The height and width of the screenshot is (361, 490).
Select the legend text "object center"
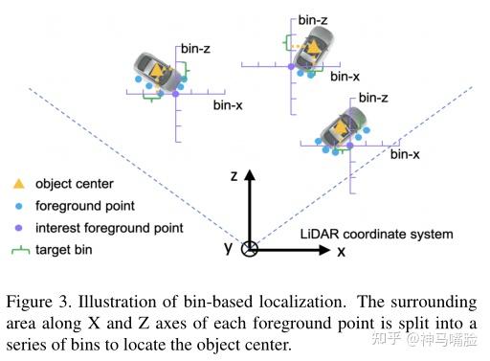coord(75,184)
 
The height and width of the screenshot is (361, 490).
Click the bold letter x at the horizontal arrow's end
coord(341,251)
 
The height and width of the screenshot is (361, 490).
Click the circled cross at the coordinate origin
coord(249,250)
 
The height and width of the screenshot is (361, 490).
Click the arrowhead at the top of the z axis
coord(249,174)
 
